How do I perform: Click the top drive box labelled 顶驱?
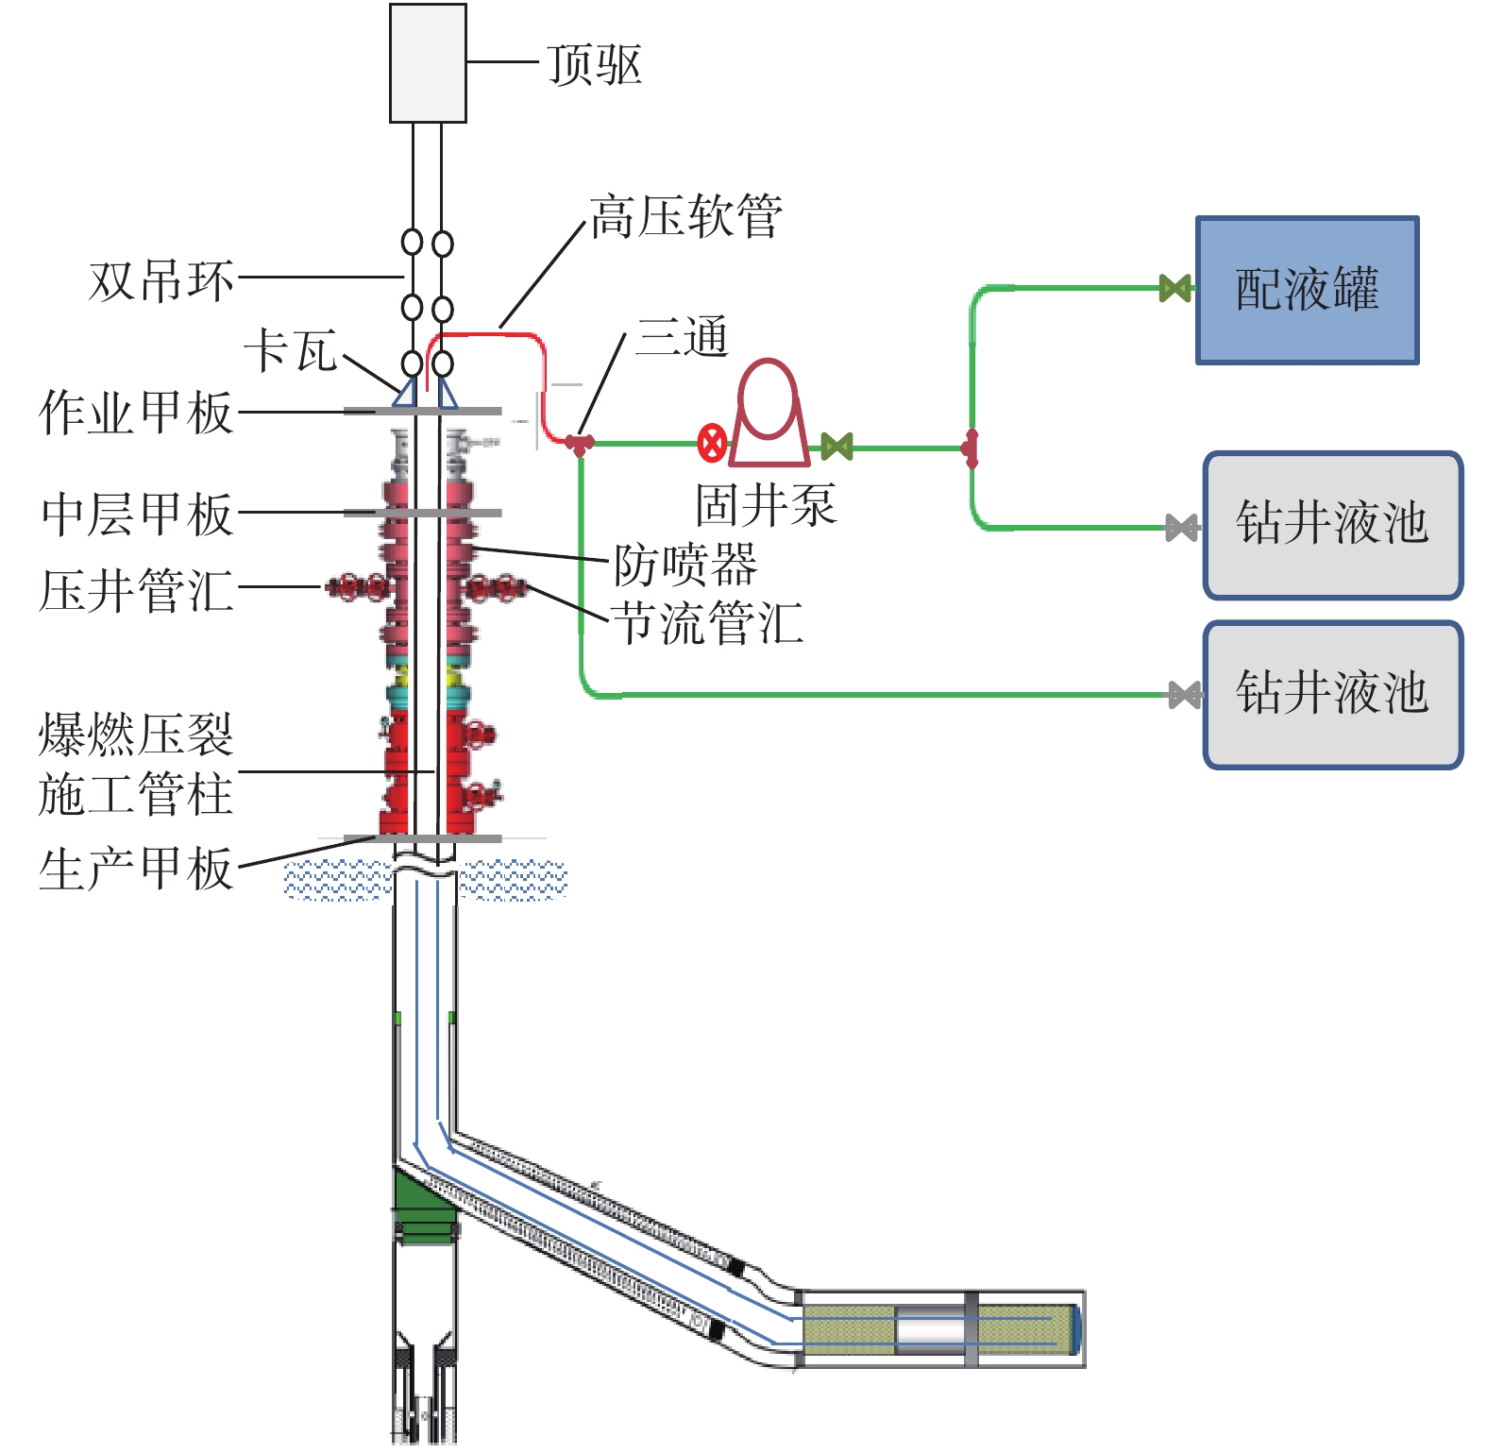click(428, 63)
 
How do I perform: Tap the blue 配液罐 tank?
click(1307, 290)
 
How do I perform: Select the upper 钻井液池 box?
click(1332, 525)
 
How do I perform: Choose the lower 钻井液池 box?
click(1332, 694)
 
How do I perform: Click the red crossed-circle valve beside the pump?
click(712, 443)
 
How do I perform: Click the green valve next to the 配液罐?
click(1174, 288)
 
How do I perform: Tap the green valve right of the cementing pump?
click(836, 446)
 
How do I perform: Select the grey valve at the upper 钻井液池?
click(1182, 527)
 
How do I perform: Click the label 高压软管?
click(686, 216)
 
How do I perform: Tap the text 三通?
click(682, 337)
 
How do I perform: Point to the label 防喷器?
click(685, 565)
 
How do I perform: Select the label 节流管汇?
click(707, 623)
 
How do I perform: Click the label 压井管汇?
click(136, 590)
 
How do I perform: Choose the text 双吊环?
click(161, 280)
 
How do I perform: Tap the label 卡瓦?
click(291, 351)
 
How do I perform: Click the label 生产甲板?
click(136, 869)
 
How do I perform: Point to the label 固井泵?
click(766, 505)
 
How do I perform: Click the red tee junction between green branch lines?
click(971, 448)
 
